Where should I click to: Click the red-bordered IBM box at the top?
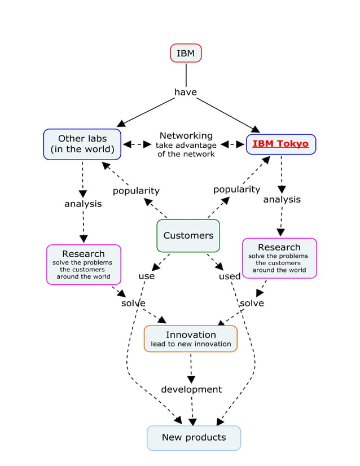coord(186,53)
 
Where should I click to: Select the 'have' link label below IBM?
coord(186,92)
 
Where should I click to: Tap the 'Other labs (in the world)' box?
coord(82,144)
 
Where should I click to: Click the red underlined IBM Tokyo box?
coord(280,144)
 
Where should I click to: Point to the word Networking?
coord(186,135)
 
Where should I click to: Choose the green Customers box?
coord(188,235)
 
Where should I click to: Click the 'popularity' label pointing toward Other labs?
coord(136,191)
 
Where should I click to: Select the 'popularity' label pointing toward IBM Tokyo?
coord(236,190)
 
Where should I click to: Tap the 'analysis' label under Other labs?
coord(83,204)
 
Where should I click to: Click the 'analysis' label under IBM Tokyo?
coord(282,199)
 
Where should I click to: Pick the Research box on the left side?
coord(84,264)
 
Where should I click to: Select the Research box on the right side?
coord(279,258)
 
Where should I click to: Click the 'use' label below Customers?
coord(147,276)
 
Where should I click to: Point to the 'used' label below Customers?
coord(230,276)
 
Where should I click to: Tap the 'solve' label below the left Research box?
coord(133,304)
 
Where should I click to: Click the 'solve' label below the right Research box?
coord(252,304)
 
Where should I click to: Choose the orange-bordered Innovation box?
coord(191,338)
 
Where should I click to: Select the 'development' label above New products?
coord(191,389)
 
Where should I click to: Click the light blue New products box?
coord(194,437)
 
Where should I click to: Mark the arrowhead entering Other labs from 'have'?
coord(120,124)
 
